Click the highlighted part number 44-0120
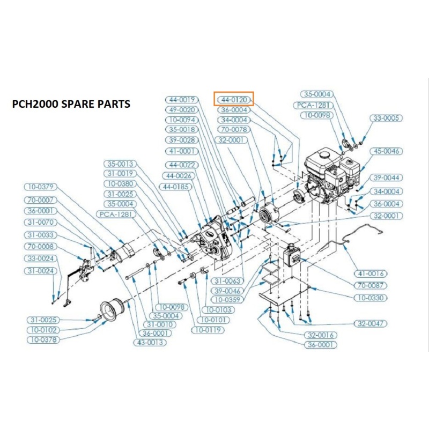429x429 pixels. tap(233, 99)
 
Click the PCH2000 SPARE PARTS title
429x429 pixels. tap(71, 104)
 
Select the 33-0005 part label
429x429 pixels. tap(386, 118)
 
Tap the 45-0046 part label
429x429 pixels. tap(386, 151)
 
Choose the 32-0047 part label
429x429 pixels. tap(371, 323)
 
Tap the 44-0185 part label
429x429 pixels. tap(175, 186)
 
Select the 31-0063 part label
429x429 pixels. tap(227, 281)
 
